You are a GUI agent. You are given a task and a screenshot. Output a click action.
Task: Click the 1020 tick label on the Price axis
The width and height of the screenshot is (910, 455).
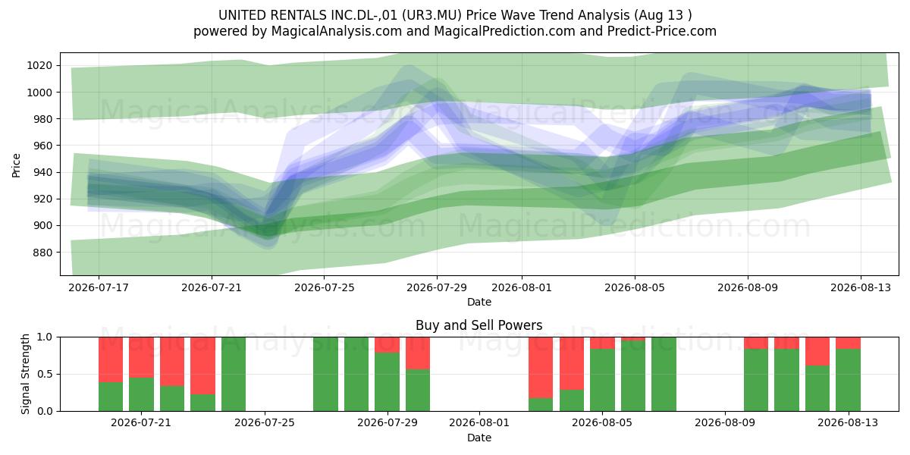pyautogui.click(x=39, y=65)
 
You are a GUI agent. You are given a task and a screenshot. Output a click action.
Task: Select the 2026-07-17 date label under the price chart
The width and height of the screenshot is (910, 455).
pyautogui.click(x=99, y=287)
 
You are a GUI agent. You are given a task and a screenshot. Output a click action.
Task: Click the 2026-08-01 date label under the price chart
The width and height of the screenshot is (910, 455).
pyautogui.click(x=522, y=287)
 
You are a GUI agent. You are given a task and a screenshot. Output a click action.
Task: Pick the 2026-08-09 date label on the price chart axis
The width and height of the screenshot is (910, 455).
pyautogui.click(x=748, y=287)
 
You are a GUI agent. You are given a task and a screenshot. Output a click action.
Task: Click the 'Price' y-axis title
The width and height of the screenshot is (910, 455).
pyautogui.click(x=16, y=165)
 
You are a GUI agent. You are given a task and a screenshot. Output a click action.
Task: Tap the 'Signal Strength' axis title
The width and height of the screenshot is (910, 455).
pyautogui.click(x=25, y=374)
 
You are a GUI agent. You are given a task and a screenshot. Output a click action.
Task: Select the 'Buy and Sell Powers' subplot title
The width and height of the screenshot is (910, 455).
pyautogui.click(x=479, y=325)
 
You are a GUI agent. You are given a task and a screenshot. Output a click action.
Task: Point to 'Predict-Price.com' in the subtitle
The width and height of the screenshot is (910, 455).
pyautogui.click(x=662, y=31)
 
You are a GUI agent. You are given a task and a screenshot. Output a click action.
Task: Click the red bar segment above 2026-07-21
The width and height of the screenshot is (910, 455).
pyautogui.click(x=141, y=357)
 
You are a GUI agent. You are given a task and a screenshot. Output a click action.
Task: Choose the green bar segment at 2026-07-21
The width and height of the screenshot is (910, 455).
pyautogui.click(x=141, y=394)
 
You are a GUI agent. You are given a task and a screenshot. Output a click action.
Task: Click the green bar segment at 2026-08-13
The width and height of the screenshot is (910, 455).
pyautogui.click(x=848, y=380)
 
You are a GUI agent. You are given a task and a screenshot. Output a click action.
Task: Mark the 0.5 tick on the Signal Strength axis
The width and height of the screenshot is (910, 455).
pyautogui.click(x=45, y=374)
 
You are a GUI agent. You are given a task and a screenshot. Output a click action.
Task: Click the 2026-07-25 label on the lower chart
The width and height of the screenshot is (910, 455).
pyautogui.click(x=265, y=422)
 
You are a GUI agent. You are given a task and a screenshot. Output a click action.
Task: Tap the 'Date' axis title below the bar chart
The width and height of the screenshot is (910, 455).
pyautogui.click(x=479, y=438)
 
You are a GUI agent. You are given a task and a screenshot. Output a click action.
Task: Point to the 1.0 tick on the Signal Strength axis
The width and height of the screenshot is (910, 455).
pyautogui.click(x=45, y=337)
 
